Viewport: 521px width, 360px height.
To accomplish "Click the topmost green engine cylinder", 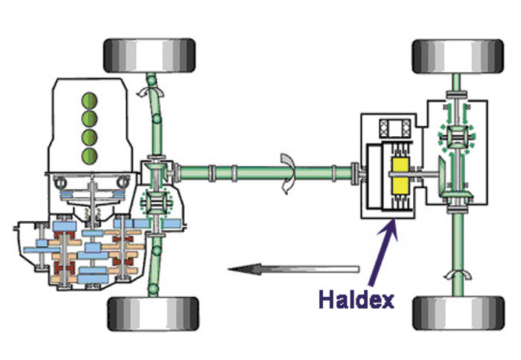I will (90, 100).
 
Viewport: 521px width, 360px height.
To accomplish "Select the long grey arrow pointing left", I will (293, 269).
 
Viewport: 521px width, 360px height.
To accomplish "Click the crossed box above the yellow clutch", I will (392, 129).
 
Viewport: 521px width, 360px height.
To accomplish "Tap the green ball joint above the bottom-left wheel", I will (152, 286).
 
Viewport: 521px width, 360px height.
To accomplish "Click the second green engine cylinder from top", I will (90, 119).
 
